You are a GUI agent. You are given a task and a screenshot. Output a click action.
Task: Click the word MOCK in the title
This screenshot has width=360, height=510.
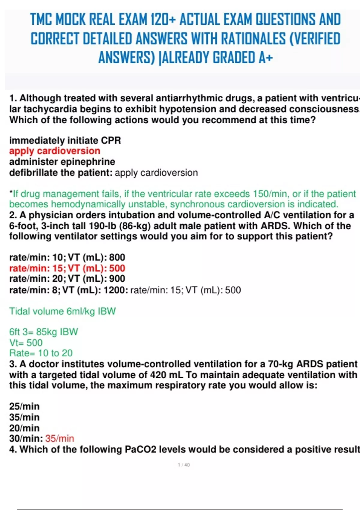pos(71,19)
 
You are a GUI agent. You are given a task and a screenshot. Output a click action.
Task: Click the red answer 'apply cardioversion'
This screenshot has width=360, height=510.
pos(55,151)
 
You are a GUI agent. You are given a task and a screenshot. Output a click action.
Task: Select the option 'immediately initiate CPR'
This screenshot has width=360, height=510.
pos(65,140)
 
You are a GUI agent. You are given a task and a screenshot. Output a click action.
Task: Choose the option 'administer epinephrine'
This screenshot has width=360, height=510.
pos(62,162)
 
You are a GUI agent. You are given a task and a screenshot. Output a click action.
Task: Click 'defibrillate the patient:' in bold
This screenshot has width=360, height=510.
pos(61,173)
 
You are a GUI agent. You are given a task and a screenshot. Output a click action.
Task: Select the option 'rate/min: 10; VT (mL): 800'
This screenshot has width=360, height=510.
pos(67,257)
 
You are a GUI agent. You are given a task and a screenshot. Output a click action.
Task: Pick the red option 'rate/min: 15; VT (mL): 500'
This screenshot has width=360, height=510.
pos(67,268)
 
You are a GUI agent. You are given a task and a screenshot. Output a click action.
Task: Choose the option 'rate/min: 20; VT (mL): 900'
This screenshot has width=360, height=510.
pos(67,279)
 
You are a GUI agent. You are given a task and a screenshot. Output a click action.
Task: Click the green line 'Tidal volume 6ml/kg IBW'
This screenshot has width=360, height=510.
pos(62,311)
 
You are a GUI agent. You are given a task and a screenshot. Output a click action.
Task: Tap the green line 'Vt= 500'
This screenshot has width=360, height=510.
pos(26,343)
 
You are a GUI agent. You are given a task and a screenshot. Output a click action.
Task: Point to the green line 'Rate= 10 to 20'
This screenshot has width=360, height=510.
pos(41,353)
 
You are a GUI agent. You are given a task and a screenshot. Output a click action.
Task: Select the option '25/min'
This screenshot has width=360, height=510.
pos(24,406)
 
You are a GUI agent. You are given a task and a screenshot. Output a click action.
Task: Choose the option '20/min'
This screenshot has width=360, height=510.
pos(24,428)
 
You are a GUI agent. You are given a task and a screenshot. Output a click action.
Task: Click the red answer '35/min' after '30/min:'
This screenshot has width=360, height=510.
pos(59,439)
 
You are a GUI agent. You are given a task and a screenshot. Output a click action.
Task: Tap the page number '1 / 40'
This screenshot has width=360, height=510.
pos(184,465)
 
